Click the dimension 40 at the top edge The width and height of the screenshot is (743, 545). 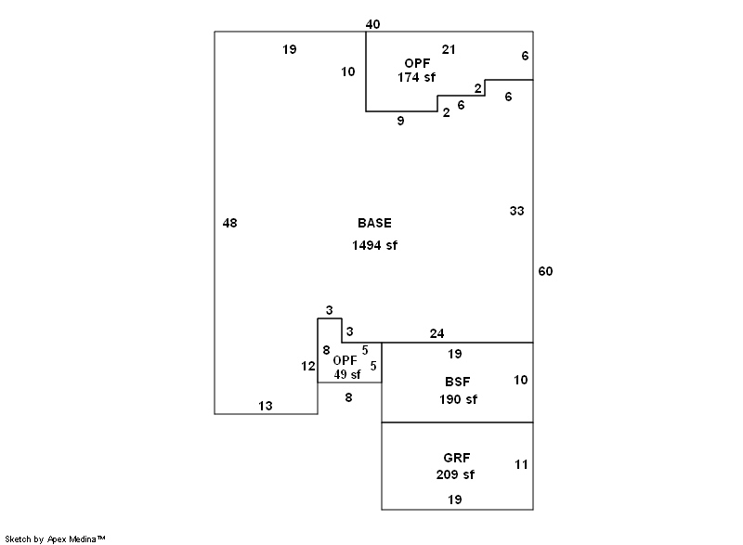[x=372, y=24]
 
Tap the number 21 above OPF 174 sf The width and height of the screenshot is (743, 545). [x=449, y=49]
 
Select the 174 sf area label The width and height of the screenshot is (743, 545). [x=416, y=77]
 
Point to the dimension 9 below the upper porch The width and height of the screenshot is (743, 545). [x=400, y=121]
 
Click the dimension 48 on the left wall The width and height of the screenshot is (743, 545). [x=230, y=223]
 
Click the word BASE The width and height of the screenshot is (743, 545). [x=374, y=223]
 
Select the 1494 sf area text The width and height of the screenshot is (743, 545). [x=374, y=245]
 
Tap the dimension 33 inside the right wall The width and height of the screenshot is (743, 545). [x=516, y=211]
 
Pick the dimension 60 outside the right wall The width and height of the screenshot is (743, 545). [x=545, y=271]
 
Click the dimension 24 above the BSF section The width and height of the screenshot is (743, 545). [x=437, y=333]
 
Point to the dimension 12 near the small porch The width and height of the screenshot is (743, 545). [x=308, y=366]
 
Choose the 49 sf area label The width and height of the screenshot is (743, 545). [x=347, y=374]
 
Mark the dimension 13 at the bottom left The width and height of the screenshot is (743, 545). [x=266, y=406]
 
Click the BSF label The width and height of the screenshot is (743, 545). [x=458, y=381]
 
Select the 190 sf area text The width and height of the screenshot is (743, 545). [x=458, y=399]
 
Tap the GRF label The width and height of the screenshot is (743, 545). [x=456, y=458]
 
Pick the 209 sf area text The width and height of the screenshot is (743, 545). [x=455, y=474]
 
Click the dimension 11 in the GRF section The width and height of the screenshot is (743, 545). [x=520, y=464]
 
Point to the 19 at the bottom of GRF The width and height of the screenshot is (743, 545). [x=455, y=500]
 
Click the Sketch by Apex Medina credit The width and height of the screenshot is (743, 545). [x=55, y=539]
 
